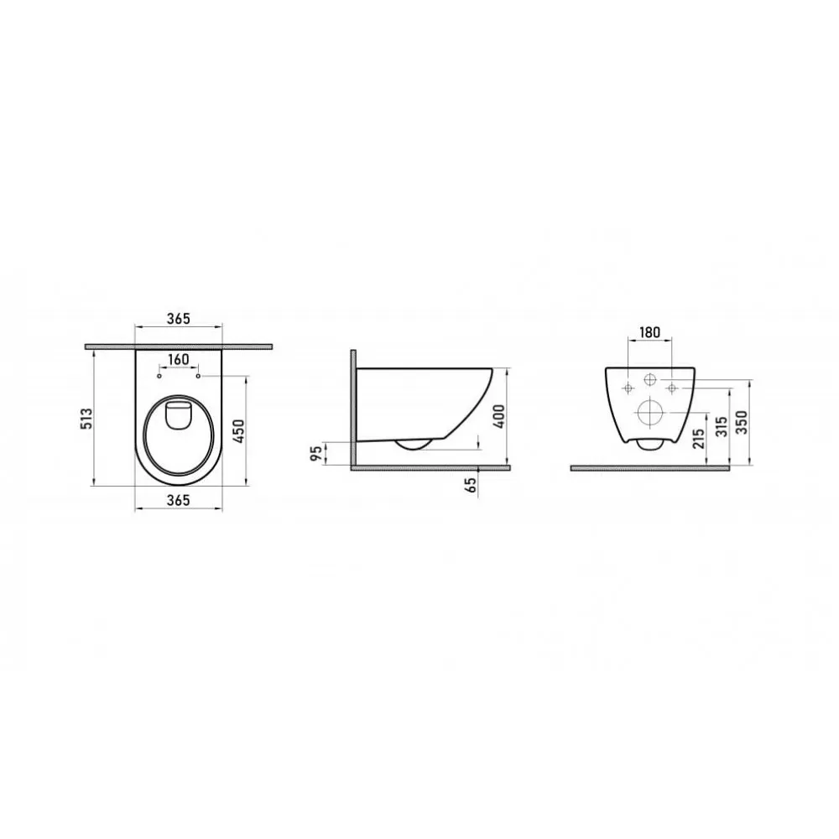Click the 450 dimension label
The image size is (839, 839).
coord(239,431)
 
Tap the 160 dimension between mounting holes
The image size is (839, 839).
coord(178,359)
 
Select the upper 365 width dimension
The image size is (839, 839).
coord(178,318)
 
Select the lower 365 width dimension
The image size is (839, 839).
coord(178,500)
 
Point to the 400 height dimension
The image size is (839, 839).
coord(498,416)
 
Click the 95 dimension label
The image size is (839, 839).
coord(317,453)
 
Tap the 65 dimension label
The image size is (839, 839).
coord(470,484)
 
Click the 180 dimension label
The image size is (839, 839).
coord(649,332)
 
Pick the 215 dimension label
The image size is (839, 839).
coord(698,439)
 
